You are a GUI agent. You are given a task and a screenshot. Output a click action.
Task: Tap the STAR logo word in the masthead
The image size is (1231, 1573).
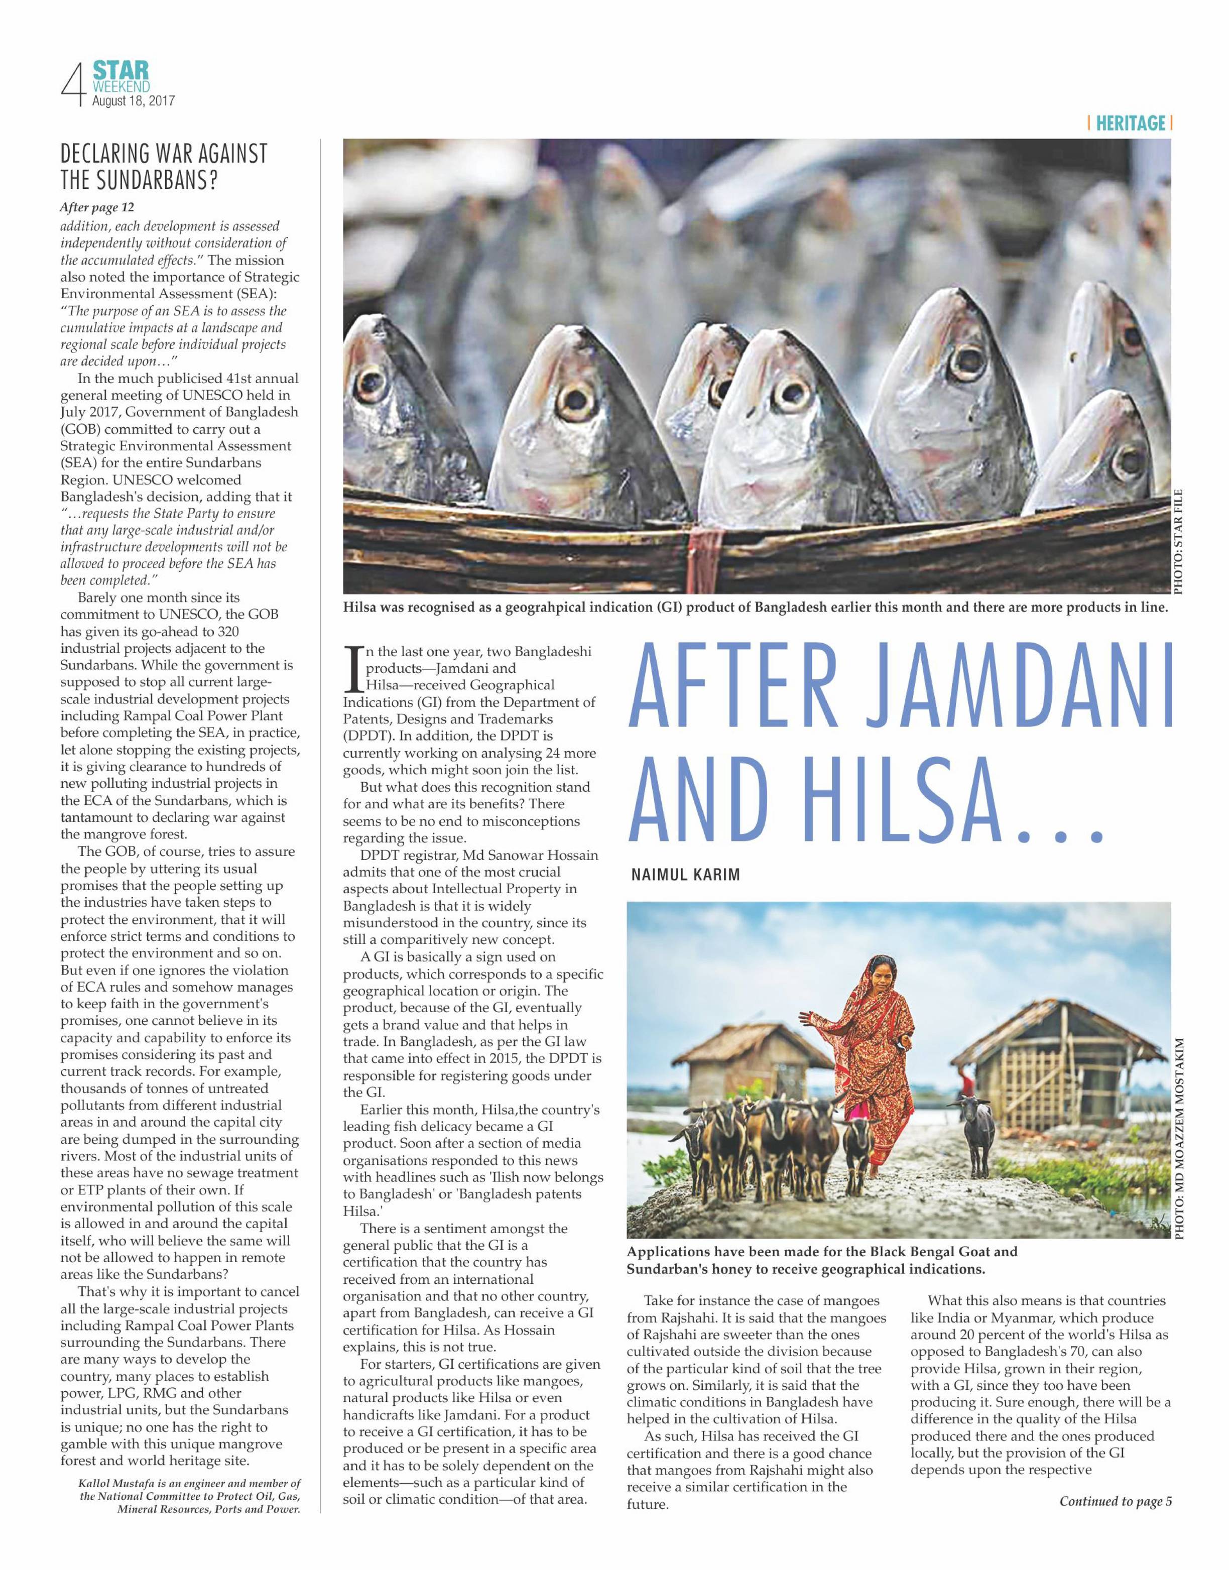[121, 70]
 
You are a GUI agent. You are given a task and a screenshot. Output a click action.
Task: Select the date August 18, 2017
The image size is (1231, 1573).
[134, 101]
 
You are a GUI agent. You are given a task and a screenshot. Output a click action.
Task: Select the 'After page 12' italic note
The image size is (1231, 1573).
[96, 207]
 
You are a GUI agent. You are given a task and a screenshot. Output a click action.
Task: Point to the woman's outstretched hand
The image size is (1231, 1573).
[806, 1021]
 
